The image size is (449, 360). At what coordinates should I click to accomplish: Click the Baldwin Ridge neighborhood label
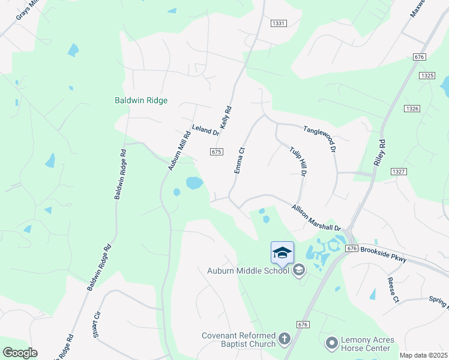(141, 101)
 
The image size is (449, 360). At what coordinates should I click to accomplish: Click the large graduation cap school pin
(282, 252)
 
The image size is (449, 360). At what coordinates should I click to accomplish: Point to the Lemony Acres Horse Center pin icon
(331, 344)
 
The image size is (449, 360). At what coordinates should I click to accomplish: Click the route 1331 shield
(279, 23)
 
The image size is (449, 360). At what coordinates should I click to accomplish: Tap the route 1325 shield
(427, 76)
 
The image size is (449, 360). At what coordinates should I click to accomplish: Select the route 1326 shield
(412, 108)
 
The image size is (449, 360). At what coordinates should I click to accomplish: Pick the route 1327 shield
(398, 172)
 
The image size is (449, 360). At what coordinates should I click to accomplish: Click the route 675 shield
(217, 152)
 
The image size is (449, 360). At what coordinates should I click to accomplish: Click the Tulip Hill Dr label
(298, 161)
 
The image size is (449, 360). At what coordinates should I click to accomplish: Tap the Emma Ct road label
(240, 161)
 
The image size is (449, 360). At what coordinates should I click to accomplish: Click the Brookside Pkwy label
(384, 254)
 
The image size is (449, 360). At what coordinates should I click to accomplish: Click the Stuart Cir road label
(97, 324)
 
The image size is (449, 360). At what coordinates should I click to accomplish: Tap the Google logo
(20, 353)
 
